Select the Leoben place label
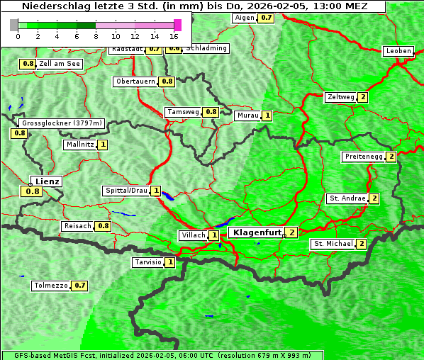pyautogui.click(x=397, y=51)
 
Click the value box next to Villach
pyautogui.click(x=214, y=235)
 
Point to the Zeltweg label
pyautogui.click(x=341, y=97)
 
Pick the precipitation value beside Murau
pyautogui.click(x=267, y=116)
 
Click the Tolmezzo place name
pyautogui.click(x=51, y=286)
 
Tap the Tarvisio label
pyautogui.click(x=148, y=262)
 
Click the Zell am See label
pyautogui.click(x=60, y=64)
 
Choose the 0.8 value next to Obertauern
pyautogui.click(x=167, y=81)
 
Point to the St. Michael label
pyautogui.click(x=333, y=244)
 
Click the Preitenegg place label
pyautogui.click(x=364, y=157)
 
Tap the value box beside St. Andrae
pyautogui.click(x=374, y=198)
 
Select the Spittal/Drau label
pyautogui.click(x=126, y=191)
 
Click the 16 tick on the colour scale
pyautogui.click(x=174, y=36)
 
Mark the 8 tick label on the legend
pyautogui.click(x=96, y=36)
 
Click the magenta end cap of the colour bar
pyautogui.click(x=177, y=25)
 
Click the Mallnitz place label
pyautogui.click(x=79, y=145)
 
